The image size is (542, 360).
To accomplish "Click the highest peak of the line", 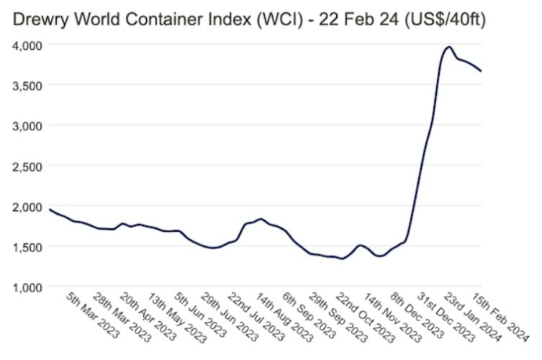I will click(448, 47).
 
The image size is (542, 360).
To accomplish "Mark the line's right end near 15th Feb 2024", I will click(480, 71).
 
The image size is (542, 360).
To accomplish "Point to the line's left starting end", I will click(49, 209).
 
